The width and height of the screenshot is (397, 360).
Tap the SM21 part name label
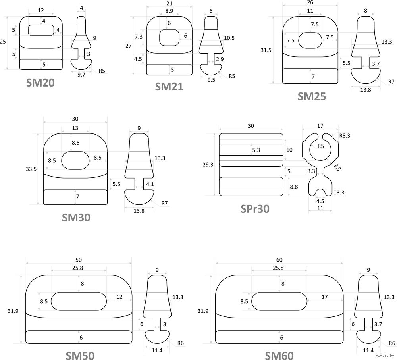pos(169,86)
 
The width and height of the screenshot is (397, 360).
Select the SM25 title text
pos(312,96)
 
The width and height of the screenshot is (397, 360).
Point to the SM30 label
pos(76,218)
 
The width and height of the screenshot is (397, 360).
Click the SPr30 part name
pos(255,208)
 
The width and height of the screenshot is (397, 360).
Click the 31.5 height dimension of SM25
pos(266,50)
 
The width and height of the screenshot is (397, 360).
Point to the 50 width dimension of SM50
pos(79,260)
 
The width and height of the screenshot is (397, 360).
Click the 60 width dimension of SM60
pos(279,260)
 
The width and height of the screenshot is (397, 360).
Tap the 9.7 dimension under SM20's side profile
pos(81,74)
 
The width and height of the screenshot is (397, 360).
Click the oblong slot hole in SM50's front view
pos(78,301)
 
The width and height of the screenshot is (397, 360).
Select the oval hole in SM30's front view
pos(75,160)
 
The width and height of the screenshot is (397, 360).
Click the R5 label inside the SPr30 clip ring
pos(321,146)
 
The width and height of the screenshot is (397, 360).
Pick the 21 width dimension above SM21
pos(169,4)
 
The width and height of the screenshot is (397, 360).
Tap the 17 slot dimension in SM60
pos(325,297)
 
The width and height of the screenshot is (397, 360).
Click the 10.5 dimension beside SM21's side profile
pos(229,38)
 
